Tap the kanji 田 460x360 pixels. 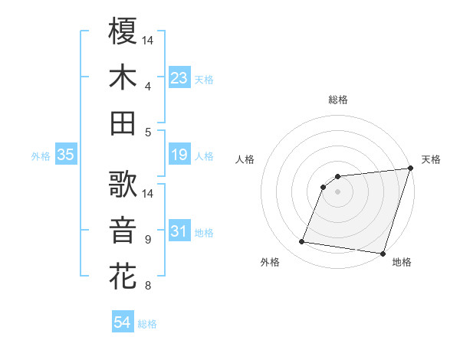coord(123,123)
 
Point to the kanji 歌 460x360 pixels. coord(123,184)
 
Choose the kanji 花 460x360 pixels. coord(123,277)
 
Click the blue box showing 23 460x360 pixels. coord(179,78)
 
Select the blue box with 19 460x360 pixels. coord(179,155)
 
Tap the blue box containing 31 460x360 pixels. coord(179,231)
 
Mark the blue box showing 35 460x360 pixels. coord(65,155)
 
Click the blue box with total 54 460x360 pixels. coord(122,323)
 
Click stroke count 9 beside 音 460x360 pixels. coord(148,240)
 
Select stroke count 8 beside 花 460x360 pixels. coord(148,286)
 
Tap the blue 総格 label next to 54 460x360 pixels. coord(147,324)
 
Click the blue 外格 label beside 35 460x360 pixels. coord(41,156)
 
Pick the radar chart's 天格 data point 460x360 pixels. coord(410,169)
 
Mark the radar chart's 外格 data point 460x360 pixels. coord(302,242)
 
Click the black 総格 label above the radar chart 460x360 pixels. coord(337,100)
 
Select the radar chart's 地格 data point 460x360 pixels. coord(383,253)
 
